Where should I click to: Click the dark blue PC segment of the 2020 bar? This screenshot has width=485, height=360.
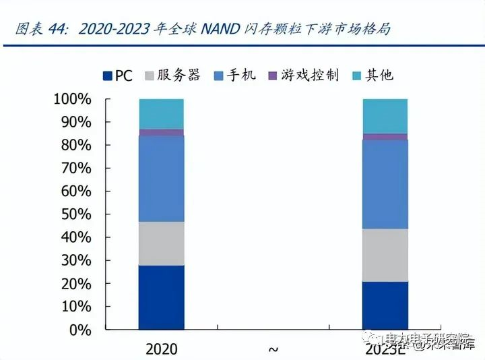(161, 297)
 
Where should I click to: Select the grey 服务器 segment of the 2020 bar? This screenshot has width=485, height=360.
(161, 243)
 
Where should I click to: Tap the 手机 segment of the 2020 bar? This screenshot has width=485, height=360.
(161, 179)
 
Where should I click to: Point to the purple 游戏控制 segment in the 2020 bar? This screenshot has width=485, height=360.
(161, 132)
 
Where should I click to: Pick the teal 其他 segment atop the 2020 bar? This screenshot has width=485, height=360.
(161, 113)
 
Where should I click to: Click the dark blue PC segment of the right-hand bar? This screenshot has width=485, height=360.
(385, 305)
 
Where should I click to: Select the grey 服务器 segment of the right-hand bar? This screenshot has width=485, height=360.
(385, 255)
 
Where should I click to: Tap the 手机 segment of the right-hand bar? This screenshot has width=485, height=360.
(385, 184)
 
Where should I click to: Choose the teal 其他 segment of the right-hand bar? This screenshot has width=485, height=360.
(385, 116)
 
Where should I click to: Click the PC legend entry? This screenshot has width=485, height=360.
(117, 76)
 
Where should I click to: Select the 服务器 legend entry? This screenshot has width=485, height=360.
(172, 76)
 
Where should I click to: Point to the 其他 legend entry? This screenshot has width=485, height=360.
(373, 76)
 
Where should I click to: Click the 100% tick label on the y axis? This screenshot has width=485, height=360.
(71, 100)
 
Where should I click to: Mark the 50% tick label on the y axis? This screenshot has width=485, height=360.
(74, 214)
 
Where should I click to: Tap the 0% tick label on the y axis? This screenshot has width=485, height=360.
(79, 330)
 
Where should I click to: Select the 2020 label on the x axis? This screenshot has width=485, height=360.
(161, 349)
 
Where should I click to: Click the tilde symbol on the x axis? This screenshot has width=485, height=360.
(273, 349)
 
